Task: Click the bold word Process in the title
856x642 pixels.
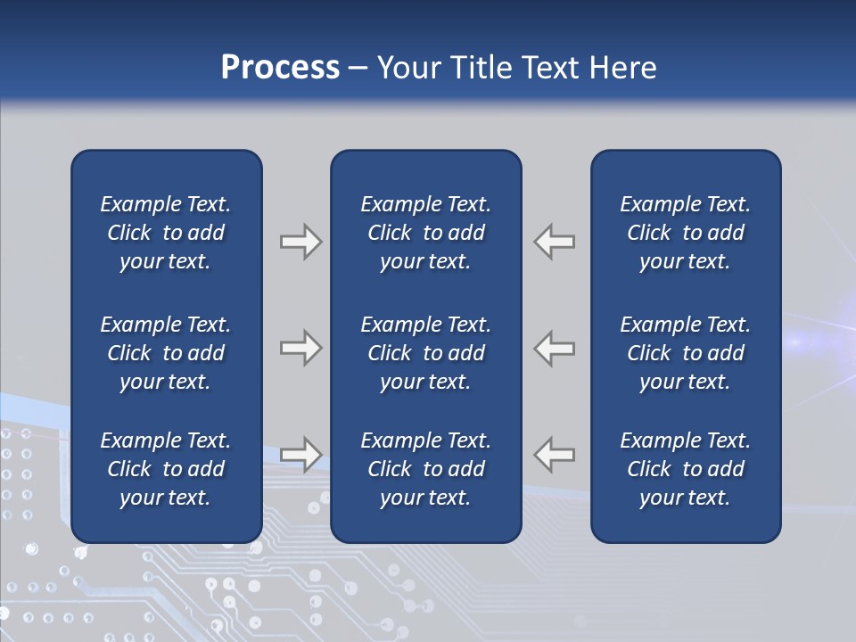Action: point(280,68)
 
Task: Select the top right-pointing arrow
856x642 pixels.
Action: point(300,242)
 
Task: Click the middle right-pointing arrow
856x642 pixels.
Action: point(300,348)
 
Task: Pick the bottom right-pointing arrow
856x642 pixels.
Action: point(300,455)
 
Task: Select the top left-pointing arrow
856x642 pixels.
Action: point(555,242)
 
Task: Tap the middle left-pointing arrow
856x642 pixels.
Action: point(555,348)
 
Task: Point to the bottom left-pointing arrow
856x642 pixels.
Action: point(555,455)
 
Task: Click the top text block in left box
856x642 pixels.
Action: point(166,233)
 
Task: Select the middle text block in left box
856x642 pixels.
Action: point(166,353)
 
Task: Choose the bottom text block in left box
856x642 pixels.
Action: point(166,469)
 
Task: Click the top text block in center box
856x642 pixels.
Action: point(425,233)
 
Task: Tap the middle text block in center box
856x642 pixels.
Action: point(425,353)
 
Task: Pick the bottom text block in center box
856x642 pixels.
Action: point(425,469)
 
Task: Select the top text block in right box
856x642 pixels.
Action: point(685,233)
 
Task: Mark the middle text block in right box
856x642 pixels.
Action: point(685,353)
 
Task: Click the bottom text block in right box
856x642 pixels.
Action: point(685,469)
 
